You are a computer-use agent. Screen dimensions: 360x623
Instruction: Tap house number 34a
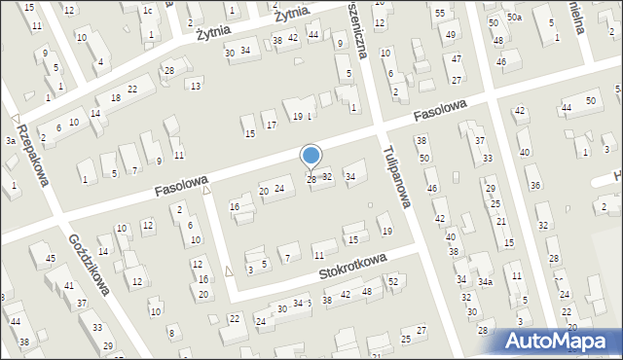(484, 282)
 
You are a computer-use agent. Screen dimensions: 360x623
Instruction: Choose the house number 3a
(10, 141)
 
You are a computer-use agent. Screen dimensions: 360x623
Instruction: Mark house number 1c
(148, 11)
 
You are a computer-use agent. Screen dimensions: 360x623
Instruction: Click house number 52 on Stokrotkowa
(393, 281)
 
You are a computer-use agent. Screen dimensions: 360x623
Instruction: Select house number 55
(440, 13)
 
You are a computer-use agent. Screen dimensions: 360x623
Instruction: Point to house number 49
(450, 35)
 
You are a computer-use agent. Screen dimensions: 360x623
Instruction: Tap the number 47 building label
(456, 58)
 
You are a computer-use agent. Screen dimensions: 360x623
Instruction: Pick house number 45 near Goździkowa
(50, 259)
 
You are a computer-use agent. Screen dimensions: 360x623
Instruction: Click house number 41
(68, 285)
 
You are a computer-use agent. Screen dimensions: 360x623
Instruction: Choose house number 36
(533, 186)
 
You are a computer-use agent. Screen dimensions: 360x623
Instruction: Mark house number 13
(196, 87)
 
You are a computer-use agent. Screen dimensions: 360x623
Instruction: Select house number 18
(115, 98)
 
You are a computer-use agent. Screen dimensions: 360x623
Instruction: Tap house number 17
(271, 126)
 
